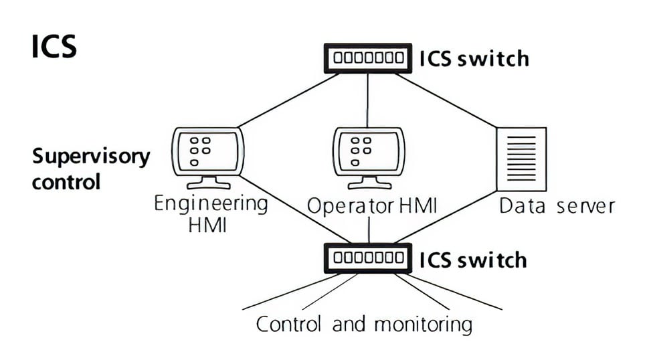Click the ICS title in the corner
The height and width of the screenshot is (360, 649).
54,47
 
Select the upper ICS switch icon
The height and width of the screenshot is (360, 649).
367,58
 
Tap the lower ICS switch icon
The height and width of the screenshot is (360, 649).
367,258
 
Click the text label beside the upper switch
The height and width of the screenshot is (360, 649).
474,58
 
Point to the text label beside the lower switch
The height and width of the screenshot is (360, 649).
472,259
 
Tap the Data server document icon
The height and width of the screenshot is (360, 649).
521,159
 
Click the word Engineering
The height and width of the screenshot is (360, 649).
211,203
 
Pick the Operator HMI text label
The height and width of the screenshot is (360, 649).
371,206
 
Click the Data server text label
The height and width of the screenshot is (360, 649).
557,205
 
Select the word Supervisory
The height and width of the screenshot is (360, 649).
91,157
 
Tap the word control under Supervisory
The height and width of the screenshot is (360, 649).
66,181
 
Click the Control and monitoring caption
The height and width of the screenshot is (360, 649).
364,325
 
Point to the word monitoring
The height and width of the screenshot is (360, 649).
422,325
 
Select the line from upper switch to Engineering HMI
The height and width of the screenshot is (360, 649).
288,100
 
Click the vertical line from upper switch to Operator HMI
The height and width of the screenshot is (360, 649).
367,100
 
